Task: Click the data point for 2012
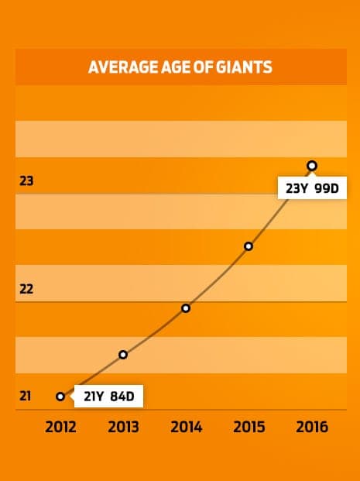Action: (x=60, y=397)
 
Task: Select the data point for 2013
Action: (x=123, y=355)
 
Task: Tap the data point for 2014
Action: (x=186, y=308)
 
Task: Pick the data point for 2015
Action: (x=249, y=246)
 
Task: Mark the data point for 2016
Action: (x=312, y=166)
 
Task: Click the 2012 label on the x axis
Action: (x=60, y=427)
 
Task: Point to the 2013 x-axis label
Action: (x=123, y=427)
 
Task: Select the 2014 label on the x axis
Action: (x=186, y=427)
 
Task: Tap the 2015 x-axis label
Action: (x=249, y=427)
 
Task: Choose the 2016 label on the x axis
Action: (x=312, y=427)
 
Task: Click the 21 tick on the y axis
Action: (x=25, y=396)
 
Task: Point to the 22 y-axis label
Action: (x=26, y=289)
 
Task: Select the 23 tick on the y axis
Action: (x=26, y=181)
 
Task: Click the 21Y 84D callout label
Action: (x=108, y=396)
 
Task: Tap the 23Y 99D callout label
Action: (x=312, y=188)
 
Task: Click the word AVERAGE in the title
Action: (x=123, y=67)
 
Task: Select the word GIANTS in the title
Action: (x=244, y=67)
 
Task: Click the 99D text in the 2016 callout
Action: (x=327, y=188)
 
